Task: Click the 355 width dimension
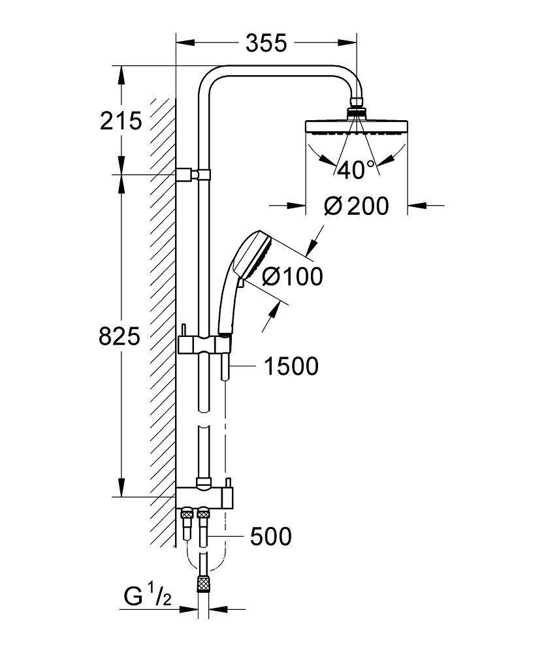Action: (266, 43)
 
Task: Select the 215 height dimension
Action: (121, 120)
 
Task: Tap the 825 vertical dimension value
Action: (120, 336)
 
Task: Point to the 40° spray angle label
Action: (357, 170)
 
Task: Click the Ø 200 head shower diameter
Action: (357, 206)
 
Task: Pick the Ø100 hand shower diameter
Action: (292, 276)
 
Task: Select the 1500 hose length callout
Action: (291, 366)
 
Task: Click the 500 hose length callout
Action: (270, 537)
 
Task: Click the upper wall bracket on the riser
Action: (193, 174)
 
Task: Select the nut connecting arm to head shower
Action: (357, 104)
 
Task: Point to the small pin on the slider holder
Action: (185, 330)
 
